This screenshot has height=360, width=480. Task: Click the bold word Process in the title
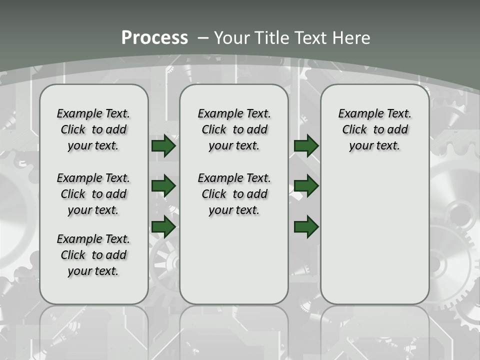coord(154,37)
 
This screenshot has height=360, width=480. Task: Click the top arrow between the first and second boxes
coord(163,146)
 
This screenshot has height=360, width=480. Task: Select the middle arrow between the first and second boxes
coord(163,186)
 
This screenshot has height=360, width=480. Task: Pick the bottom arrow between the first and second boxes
coord(163,226)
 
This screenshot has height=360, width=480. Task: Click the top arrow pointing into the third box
coord(306,146)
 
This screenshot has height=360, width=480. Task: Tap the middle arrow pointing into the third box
coord(306,186)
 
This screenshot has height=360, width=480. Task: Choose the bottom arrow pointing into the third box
coord(306,226)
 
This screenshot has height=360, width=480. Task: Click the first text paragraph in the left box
coord(93,129)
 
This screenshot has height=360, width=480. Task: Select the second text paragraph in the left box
coord(93,194)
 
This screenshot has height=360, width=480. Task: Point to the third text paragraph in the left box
coord(93,255)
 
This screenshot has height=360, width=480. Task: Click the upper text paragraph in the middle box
coord(234,129)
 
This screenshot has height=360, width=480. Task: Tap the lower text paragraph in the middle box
coord(234,194)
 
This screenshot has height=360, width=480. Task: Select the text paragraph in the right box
coord(374,129)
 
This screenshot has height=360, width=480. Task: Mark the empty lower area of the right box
coord(374,235)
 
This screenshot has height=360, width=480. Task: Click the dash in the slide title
coord(203,37)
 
